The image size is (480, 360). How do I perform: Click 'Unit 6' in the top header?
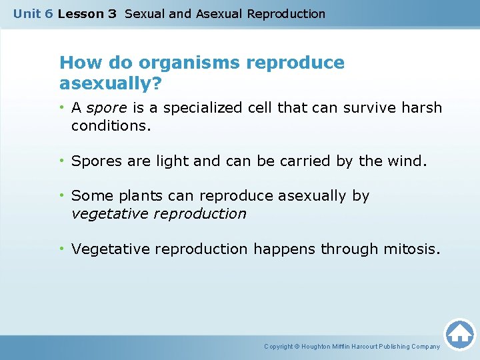tap(33, 13)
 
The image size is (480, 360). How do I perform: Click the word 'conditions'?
tap(109, 125)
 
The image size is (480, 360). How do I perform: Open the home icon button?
tap(459, 334)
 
